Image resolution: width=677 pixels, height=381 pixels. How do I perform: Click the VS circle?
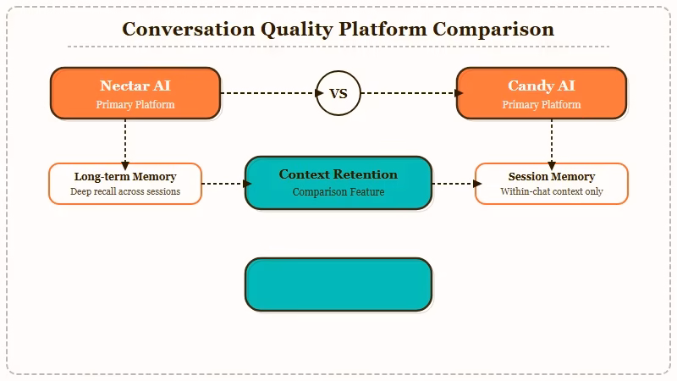338,93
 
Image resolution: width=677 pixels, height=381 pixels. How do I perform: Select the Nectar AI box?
135,93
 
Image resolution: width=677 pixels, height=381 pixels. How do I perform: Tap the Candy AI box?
542,93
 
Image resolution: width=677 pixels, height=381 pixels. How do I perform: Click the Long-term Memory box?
125,184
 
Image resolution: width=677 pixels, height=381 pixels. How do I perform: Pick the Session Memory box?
552,184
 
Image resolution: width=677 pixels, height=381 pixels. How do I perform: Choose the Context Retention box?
338,182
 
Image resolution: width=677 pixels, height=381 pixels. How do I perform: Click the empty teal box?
338,284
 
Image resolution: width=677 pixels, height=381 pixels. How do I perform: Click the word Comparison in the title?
493,29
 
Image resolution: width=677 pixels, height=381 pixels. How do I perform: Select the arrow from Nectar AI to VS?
268,93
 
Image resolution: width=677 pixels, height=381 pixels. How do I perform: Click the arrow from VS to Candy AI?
409,93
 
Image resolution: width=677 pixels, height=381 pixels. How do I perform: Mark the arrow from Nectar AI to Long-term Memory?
125,141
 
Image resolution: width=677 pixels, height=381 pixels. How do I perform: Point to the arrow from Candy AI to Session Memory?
552,141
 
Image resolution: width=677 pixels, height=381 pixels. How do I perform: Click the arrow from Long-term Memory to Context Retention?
224,183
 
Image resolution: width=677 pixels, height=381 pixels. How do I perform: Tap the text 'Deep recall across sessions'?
125,192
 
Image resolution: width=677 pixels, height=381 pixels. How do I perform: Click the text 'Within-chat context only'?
552,192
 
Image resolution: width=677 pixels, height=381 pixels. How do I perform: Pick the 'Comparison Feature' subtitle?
338,192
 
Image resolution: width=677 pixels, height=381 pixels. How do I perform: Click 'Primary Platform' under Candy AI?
542,105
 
